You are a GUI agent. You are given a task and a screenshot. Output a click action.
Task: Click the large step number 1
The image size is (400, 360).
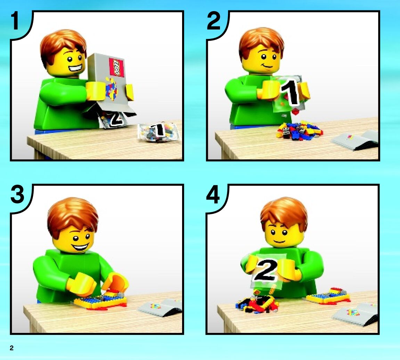15,21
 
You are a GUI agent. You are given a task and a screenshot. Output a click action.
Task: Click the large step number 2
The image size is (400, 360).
214,21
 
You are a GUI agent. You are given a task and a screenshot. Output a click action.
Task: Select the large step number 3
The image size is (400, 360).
17,195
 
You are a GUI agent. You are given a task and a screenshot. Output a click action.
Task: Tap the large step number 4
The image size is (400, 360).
213,195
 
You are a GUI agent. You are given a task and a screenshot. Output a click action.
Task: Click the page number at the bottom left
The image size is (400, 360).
11,348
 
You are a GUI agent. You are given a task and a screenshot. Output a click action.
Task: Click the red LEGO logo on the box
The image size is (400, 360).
116,67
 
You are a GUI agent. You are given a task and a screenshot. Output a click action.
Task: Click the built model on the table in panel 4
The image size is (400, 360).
328,296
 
